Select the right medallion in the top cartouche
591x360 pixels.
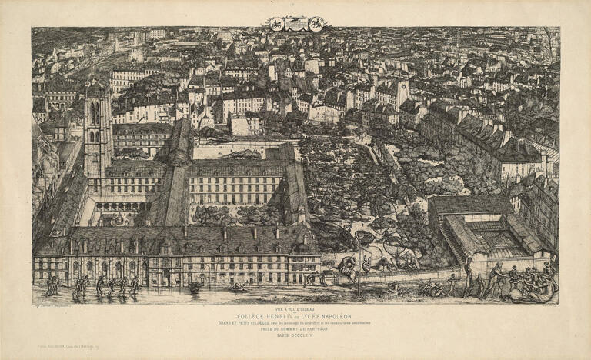pos(316,24)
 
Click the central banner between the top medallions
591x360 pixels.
pos(295,24)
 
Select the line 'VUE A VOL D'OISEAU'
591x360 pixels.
pos(295,308)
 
